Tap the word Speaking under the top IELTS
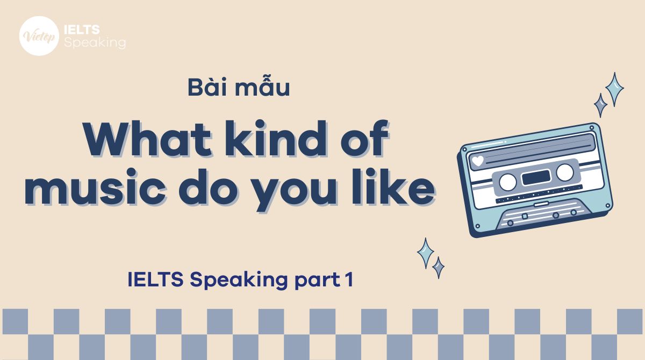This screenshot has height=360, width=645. (x=95, y=42)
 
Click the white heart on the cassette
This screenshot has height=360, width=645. (x=477, y=161)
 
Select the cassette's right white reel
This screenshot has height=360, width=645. (x=564, y=172)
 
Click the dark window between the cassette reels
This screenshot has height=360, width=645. (x=536, y=177)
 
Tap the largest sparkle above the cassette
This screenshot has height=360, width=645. (x=614, y=89)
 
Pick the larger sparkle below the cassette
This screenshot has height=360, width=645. (x=426, y=253)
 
